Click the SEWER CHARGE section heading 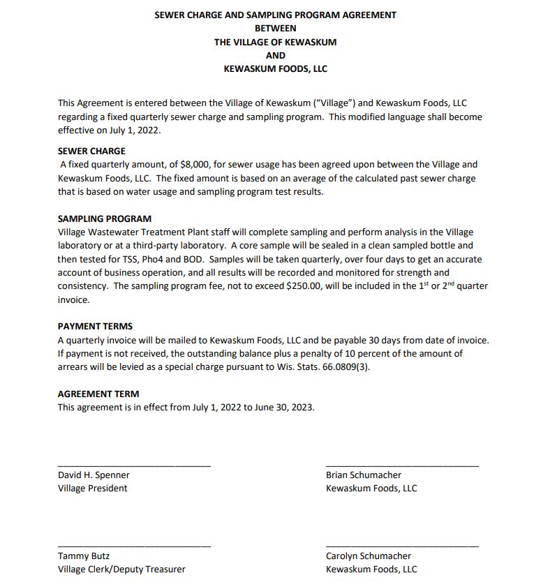[x=91, y=151]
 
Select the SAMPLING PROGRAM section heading [x=104, y=218]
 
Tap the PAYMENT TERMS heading [x=95, y=326]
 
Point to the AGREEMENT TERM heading [x=98, y=394]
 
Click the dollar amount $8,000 [x=192, y=165]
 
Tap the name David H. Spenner [x=94, y=475]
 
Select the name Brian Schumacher [x=363, y=475]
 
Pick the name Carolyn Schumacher [x=368, y=556]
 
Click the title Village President [x=92, y=489]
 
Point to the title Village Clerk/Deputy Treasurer [x=121, y=570]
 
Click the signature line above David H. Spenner [x=133, y=465]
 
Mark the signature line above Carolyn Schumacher [x=402, y=546]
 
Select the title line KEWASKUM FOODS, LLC [x=275, y=69]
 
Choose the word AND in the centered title [x=275, y=56]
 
